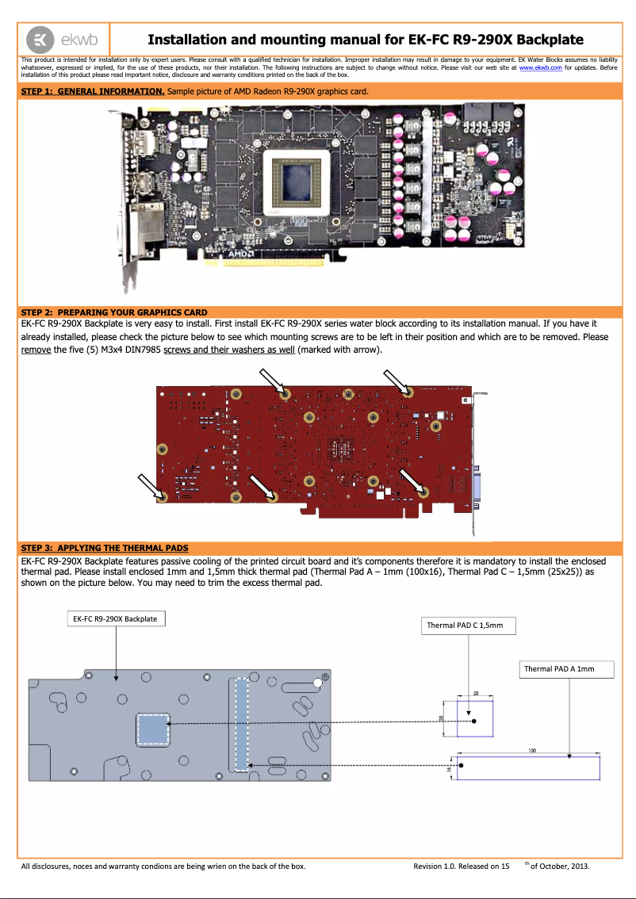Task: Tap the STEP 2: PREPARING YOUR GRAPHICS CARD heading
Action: (113, 312)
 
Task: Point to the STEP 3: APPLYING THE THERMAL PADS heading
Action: (104, 548)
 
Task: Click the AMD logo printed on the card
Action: (240, 254)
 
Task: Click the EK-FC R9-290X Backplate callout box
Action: (115, 618)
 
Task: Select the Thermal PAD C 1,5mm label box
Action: (465, 625)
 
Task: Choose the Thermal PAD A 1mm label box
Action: (558, 669)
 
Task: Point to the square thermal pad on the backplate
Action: (153, 729)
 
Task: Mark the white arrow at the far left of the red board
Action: (149, 484)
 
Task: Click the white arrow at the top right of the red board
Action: (396, 381)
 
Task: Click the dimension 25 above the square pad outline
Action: (476, 693)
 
